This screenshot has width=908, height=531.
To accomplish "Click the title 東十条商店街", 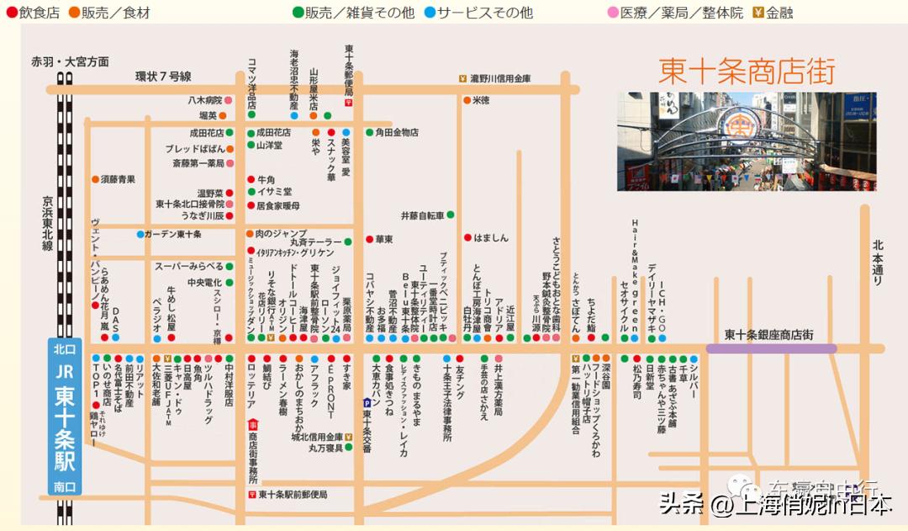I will [747, 71].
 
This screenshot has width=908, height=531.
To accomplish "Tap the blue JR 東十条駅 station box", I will [65, 417].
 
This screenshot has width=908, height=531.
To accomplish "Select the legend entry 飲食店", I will [34, 13].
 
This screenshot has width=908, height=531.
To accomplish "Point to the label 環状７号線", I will [163, 76].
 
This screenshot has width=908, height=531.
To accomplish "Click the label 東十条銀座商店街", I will [768, 334].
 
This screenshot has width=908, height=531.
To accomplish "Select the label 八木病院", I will [204, 100].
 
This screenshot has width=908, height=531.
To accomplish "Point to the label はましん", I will [491, 238].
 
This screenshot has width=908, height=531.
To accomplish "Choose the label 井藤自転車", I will [422, 215].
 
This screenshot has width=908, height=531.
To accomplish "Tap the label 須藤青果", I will [118, 179].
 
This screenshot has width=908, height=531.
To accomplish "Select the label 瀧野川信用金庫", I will [500, 78].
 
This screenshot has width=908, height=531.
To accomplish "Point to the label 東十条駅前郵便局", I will [292, 495].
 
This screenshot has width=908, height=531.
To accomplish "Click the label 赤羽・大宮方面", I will [70, 61].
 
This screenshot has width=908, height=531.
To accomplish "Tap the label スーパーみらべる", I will [188, 266].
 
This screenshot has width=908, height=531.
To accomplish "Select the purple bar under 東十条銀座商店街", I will [771, 348].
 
